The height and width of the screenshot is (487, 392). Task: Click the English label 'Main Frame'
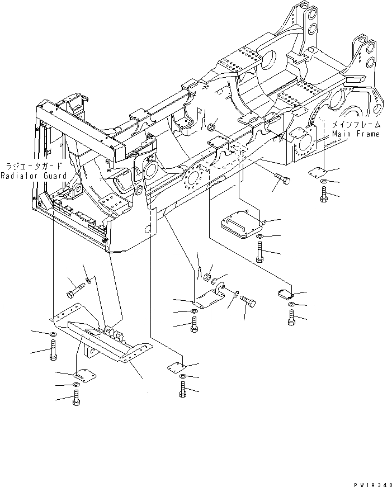(x=355, y=134)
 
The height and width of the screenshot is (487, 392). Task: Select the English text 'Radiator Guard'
(x=34, y=176)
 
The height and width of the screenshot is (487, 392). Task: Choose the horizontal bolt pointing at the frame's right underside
(x=284, y=181)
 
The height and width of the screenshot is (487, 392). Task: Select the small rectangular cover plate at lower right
(x=285, y=293)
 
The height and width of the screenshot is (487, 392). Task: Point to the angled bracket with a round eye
(x=207, y=296)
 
